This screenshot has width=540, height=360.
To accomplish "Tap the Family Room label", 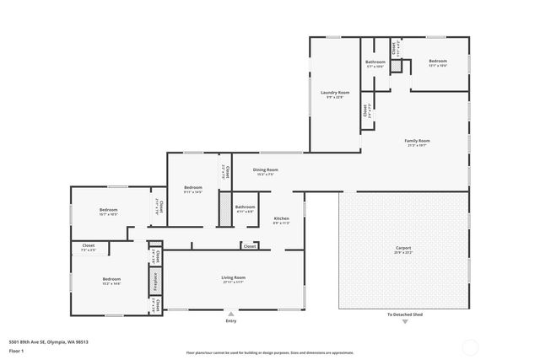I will (417, 141).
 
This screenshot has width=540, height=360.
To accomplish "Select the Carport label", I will (402, 248).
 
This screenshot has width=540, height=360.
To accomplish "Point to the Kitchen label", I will (281, 218).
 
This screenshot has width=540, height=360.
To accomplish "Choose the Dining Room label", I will (266, 169).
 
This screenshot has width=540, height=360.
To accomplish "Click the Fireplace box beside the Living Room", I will (155, 279).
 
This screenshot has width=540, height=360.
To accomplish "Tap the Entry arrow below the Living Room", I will (231, 313).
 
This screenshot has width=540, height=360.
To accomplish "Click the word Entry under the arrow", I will (231, 321).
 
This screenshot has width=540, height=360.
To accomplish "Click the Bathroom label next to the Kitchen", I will (246, 207).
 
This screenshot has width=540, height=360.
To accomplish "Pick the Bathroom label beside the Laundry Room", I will (375, 62).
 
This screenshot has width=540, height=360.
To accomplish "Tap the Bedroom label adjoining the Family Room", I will (437, 61).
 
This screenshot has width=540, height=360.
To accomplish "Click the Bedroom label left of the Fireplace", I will (111, 279).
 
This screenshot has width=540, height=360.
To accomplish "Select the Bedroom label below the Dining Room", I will (193, 187).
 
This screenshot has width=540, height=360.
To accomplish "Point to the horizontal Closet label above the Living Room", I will (250, 246).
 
